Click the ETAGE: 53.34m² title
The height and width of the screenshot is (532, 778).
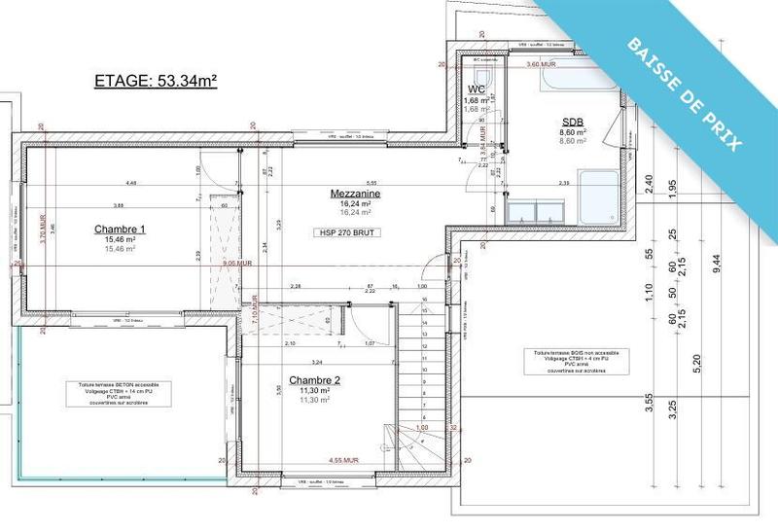(155, 81)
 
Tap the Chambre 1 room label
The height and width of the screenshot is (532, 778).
(120, 230)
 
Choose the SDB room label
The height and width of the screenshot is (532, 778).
(571, 122)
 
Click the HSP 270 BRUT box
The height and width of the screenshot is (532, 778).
(347, 233)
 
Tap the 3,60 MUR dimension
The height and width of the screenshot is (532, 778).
(540, 63)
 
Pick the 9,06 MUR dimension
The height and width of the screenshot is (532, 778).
(236, 263)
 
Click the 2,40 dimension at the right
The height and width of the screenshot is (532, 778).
(650, 182)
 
